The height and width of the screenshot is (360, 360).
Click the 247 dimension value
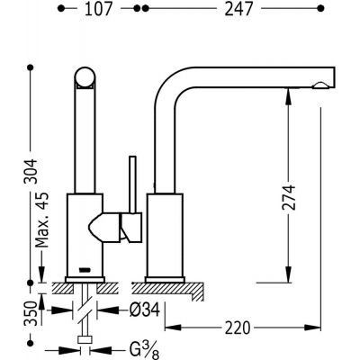click(x=236, y=9)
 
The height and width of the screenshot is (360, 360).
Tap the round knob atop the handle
click(x=85, y=78)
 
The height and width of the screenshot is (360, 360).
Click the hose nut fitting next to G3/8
click(x=85, y=342)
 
